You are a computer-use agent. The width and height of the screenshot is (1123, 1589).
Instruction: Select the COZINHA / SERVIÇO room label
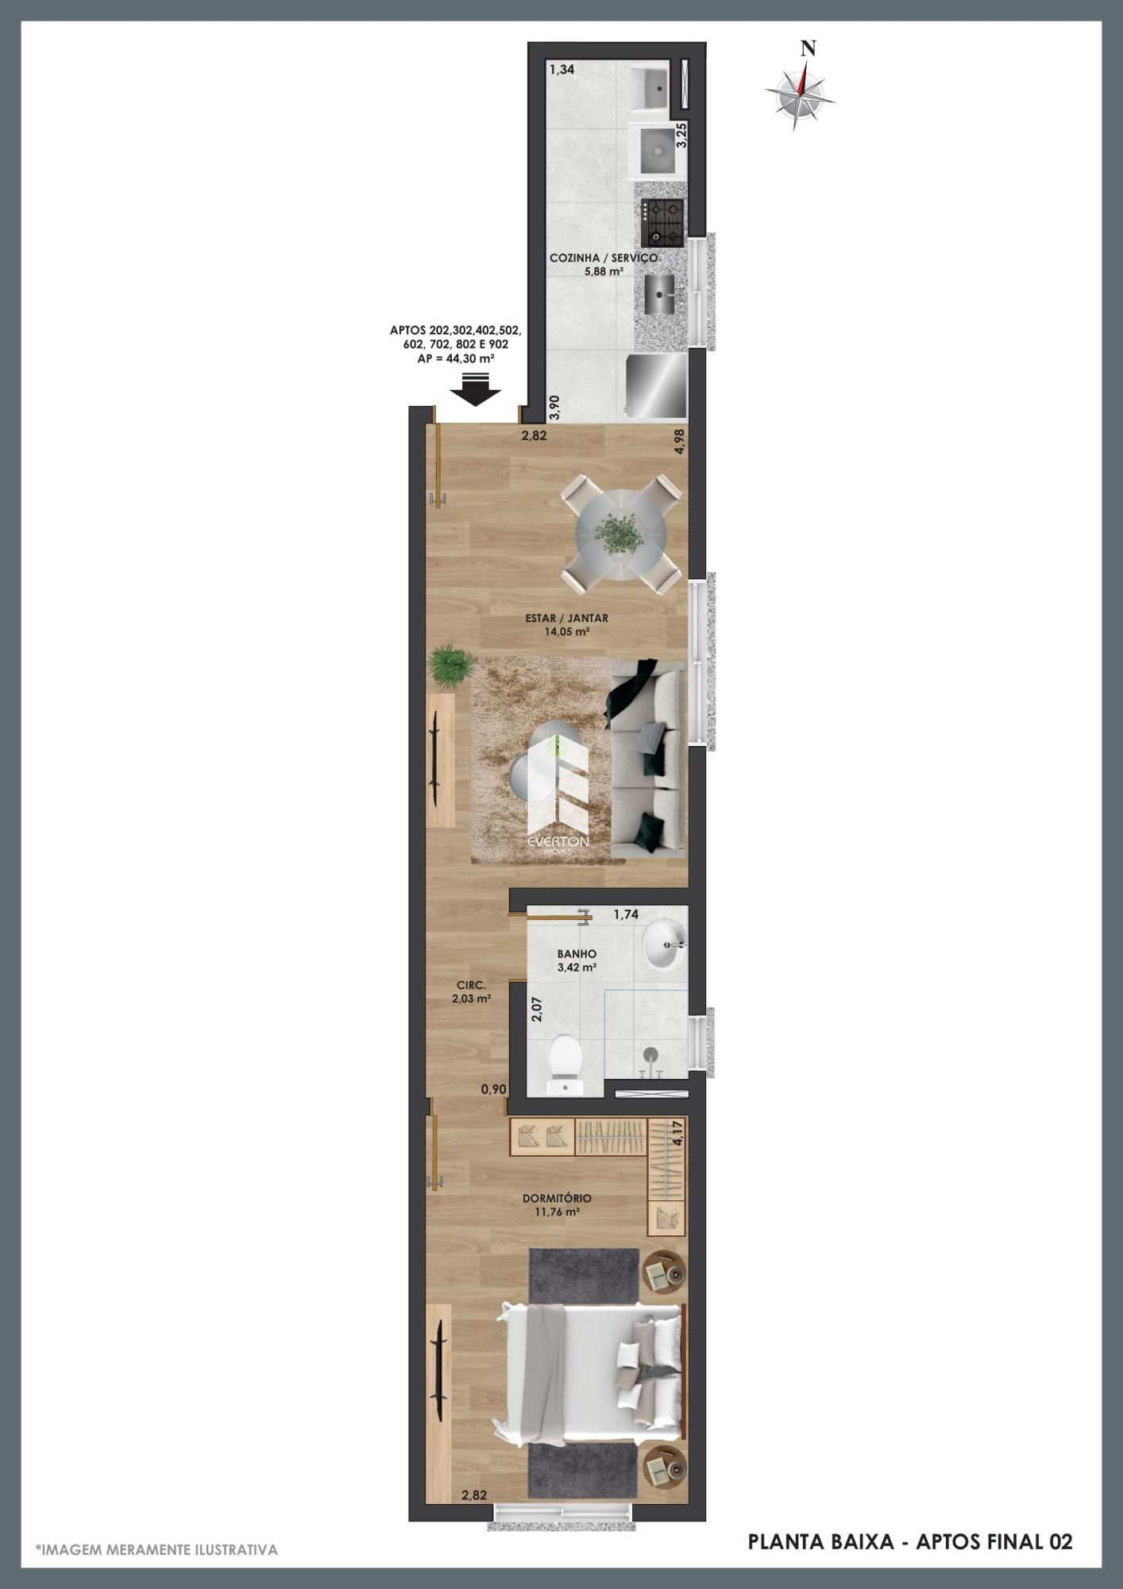[x=604, y=257]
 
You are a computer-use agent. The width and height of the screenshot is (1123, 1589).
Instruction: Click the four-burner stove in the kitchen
[x=663, y=222]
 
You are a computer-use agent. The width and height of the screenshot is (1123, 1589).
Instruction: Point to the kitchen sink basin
[x=660, y=294]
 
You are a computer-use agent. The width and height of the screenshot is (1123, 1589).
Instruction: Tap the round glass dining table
[x=621, y=533]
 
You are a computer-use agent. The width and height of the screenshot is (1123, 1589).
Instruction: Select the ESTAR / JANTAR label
[x=566, y=617]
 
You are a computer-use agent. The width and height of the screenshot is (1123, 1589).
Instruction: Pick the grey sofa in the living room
[x=647, y=760]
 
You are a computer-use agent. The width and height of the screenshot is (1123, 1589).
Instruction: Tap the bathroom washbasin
[x=665, y=945]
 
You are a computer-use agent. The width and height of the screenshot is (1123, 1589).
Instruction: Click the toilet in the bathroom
[x=566, y=1064]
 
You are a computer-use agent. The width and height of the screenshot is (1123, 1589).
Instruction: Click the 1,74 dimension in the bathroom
[x=626, y=914]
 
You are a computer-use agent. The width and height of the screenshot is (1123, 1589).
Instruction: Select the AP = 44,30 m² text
[x=455, y=358]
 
